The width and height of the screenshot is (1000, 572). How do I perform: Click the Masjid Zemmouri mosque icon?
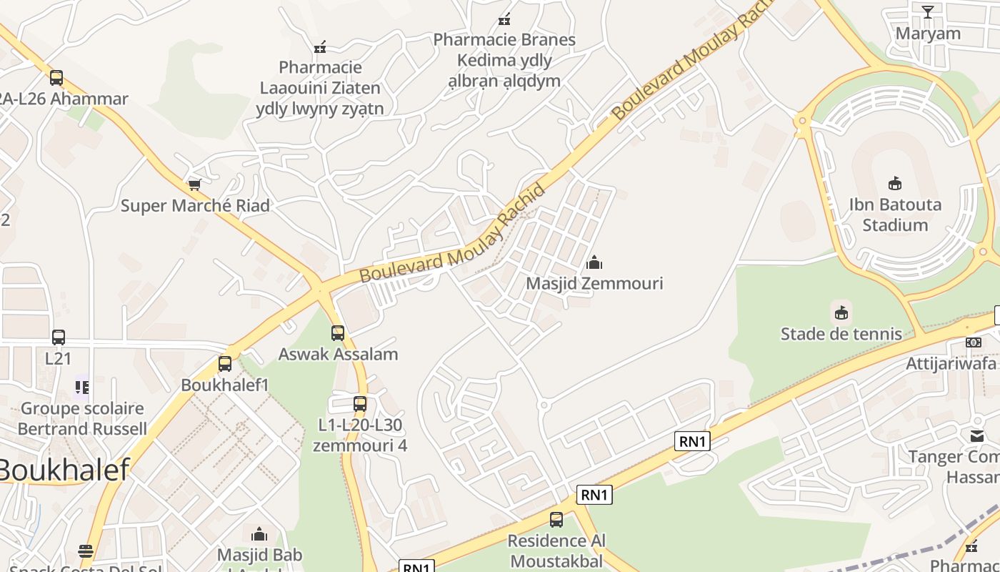click(594, 262)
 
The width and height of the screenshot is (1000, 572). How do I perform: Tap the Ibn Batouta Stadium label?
click(895, 214)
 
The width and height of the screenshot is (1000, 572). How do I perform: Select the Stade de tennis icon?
click(841, 312)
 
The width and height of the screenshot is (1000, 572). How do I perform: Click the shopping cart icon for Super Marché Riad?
click(194, 184)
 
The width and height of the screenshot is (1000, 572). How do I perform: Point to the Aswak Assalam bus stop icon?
click(338, 332)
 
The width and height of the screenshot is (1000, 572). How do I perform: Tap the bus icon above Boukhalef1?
click(225, 363)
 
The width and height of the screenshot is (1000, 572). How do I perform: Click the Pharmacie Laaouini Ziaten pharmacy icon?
click(320, 46)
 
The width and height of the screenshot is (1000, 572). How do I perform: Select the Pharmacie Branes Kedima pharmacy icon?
click(504, 19)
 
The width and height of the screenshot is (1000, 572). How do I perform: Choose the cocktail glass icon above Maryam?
click(927, 11)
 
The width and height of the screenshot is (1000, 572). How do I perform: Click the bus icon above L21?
click(59, 337)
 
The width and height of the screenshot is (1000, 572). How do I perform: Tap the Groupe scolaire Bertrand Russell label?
click(82, 418)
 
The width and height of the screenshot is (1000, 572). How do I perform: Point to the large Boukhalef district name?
click(64, 470)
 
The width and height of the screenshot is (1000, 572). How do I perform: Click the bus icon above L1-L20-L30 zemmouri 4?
click(360, 403)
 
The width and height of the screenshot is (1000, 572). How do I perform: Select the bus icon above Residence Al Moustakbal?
click(556, 520)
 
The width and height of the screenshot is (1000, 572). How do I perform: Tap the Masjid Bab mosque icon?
click(259, 534)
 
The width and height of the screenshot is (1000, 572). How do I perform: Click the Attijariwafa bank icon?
click(974, 342)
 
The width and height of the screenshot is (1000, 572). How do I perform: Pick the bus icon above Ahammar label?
click(56, 77)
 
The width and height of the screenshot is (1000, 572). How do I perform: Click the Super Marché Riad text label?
click(195, 206)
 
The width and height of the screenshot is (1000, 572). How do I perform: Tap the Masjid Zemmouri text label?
click(594, 283)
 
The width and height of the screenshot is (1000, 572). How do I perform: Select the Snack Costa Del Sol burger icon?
click(86, 551)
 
